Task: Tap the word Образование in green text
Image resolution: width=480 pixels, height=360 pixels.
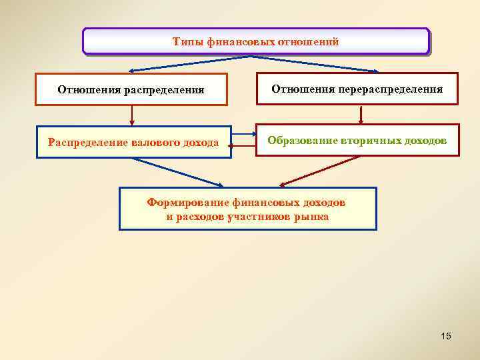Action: point(303,141)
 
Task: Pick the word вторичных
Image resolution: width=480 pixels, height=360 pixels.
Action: point(369,141)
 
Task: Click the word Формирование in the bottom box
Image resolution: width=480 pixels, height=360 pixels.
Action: point(189,202)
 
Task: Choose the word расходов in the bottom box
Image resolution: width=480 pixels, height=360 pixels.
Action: point(203,216)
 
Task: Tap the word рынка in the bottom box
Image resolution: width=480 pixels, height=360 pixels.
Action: point(313,216)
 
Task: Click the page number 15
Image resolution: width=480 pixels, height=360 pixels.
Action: point(446,336)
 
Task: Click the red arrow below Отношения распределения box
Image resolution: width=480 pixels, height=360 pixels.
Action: point(132,115)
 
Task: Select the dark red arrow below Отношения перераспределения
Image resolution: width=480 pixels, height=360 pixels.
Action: point(361,114)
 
